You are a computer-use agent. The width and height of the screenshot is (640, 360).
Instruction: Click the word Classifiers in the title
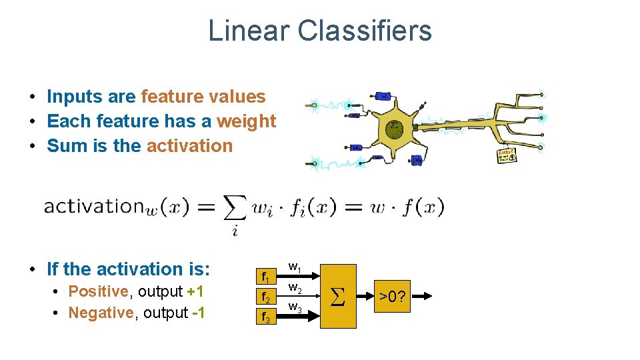(365, 31)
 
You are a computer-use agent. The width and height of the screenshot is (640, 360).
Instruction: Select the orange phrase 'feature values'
(203, 97)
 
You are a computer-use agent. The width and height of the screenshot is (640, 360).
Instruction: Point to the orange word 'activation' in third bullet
(189, 146)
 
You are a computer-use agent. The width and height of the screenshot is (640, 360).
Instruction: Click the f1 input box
(265, 276)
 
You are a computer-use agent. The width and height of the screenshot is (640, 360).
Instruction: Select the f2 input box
(265, 297)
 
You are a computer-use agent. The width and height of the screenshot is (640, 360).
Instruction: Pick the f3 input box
(265, 317)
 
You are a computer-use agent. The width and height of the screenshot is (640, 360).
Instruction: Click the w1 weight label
(295, 268)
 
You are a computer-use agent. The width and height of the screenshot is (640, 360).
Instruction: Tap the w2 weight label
(295, 289)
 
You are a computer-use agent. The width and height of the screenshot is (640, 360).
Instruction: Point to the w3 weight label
(295, 307)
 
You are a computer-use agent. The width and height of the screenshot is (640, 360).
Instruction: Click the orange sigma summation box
(338, 296)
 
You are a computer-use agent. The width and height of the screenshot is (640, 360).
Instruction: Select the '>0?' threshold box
(393, 296)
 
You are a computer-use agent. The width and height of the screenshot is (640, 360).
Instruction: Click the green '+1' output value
(195, 291)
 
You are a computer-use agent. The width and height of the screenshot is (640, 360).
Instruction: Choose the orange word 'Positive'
(98, 291)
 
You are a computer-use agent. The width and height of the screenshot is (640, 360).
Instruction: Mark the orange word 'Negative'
(101, 313)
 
